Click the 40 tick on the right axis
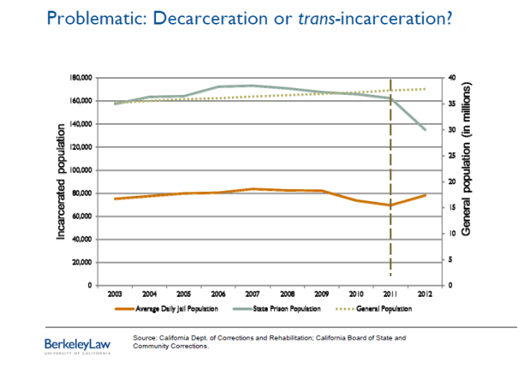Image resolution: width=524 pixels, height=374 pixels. click(x=452, y=78)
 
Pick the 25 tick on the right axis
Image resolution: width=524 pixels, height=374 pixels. click(x=452, y=156)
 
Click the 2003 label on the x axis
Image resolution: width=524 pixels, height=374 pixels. click(x=115, y=294)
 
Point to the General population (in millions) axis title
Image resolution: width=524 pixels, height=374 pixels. click(x=467, y=181)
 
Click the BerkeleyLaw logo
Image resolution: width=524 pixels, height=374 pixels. click(x=77, y=344)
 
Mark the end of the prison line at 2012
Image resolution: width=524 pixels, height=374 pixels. click(x=426, y=130)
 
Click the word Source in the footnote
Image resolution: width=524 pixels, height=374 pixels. click(x=144, y=337)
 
